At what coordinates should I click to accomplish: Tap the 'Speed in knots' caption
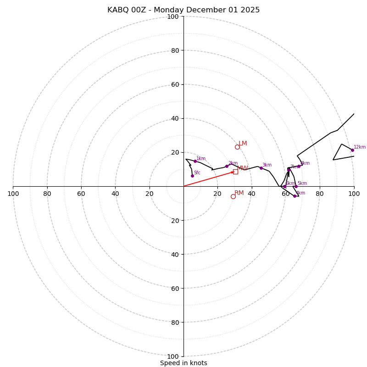tap(183, 363)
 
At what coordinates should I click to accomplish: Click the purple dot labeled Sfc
tap(192, 176)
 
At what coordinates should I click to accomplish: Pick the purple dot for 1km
tap(195, 161)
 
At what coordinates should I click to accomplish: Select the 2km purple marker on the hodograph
tap(227, 166)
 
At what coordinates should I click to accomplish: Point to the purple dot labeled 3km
tap(261, 168)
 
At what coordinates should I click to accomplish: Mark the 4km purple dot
tap(295, 196)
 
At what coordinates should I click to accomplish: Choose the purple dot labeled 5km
tap(296, 186)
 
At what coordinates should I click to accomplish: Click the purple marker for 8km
tap(299, 166)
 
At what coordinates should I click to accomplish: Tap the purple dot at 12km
tap(352, 150)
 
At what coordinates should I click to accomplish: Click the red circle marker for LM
tap(237, 147)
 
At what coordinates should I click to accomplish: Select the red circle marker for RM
tap(233, 196)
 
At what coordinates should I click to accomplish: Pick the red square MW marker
tap(235, 172)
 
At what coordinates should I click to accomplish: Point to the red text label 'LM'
tap(243, 144)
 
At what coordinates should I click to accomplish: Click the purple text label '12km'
tap(360, 147)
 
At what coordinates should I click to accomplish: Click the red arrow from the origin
tap(209, 179)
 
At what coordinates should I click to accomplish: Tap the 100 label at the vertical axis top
tap(173, 17)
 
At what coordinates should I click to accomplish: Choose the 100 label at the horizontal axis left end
tap(13, 194)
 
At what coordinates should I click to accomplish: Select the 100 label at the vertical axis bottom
tap(173, 356)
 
